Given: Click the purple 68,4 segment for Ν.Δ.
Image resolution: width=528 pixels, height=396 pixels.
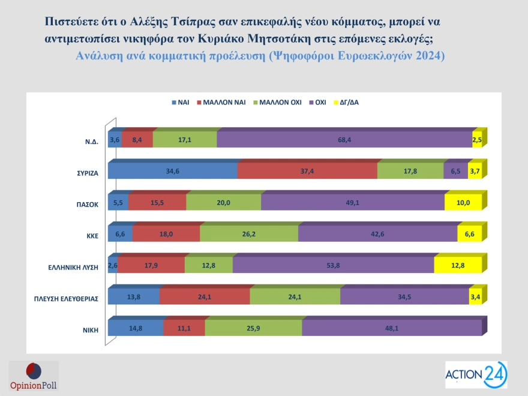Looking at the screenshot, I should tap(344, 139).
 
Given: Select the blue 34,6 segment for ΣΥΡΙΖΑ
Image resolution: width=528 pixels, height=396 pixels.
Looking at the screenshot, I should tap(173, 170).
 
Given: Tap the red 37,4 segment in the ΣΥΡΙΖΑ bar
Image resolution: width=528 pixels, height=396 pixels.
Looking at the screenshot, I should tap(307, 170).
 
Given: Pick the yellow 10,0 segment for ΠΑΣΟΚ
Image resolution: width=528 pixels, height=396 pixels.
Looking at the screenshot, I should tap(463, 202).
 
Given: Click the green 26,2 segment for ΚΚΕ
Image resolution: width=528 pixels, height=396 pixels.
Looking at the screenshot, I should tap(248, 234).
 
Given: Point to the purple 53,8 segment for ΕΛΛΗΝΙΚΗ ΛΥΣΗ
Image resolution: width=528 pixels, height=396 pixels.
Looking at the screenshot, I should tap(333, 265).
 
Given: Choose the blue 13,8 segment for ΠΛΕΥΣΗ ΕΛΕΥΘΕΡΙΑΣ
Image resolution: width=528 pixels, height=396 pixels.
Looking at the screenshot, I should tap(134, 296).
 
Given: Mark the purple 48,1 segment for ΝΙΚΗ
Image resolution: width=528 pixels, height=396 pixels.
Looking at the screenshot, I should tap(391, 328).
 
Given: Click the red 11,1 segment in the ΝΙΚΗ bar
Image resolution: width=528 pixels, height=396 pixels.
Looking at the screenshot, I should tap(184, 328).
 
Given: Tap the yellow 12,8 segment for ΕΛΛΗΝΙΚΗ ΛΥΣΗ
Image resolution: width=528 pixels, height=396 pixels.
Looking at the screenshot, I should tap(458, 265).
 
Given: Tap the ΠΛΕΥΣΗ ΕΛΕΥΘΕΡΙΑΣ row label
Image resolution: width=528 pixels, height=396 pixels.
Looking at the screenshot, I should tap(67, 298).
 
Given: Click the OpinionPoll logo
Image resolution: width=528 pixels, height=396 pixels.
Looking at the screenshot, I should tap(34, 376).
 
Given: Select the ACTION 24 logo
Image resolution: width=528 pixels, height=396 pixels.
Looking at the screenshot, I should tap(476, 375).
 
